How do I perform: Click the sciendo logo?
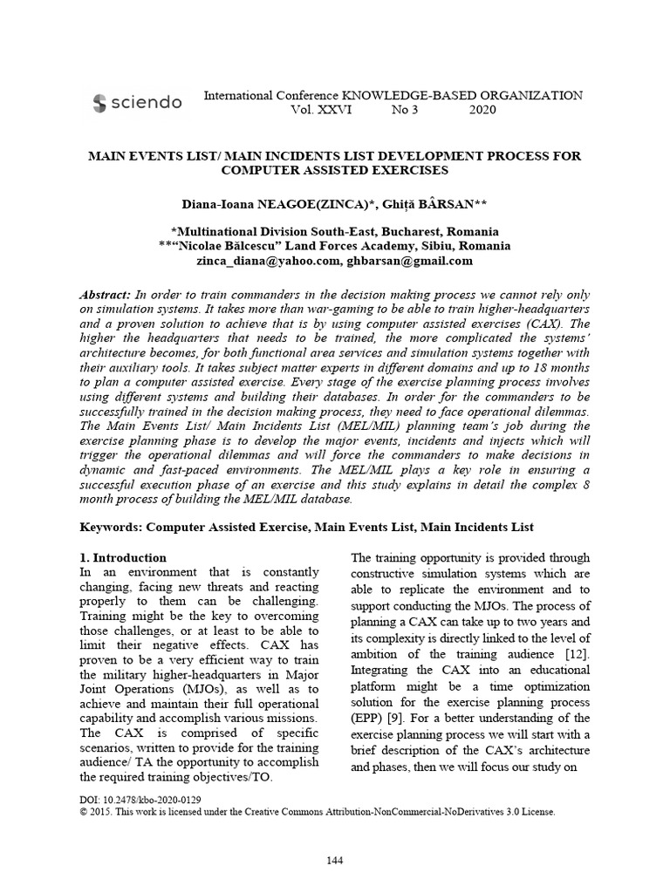(x=137, y=103)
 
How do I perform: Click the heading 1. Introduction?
(x=123, y=557)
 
